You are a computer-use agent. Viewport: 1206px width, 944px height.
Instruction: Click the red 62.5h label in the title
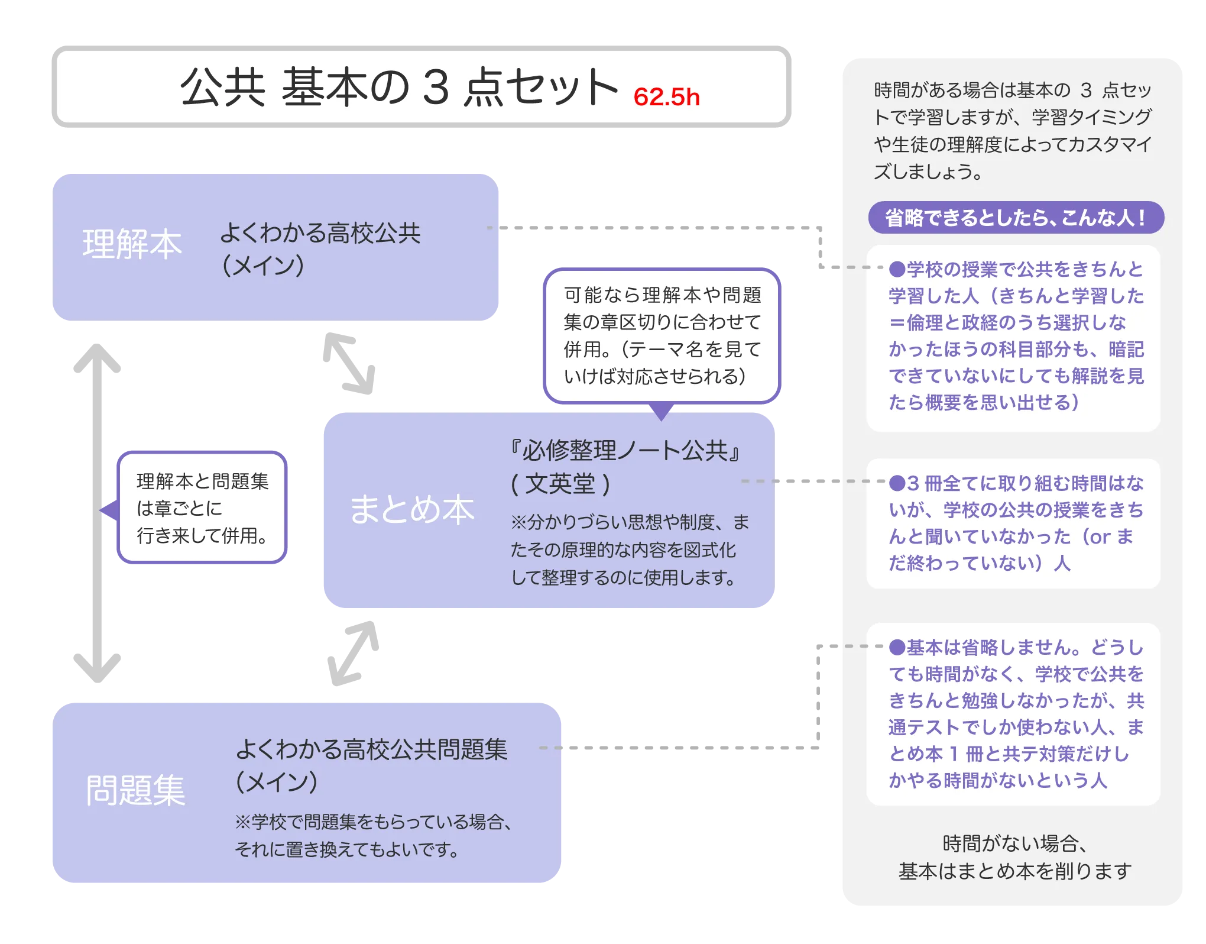[x=666, y=97]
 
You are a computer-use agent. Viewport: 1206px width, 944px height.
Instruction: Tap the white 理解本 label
[x=132, y=244]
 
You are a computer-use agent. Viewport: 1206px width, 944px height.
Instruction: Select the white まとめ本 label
[x=412, y=510]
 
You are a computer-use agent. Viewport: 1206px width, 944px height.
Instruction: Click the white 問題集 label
[x=135, y=790]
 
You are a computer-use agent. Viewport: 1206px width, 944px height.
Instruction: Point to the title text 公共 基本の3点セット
[x=399, y=88]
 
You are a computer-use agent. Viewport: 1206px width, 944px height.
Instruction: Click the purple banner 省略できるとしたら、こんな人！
[x=1016, y=218]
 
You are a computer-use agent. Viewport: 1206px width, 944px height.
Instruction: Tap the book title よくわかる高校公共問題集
[x=371, y=749]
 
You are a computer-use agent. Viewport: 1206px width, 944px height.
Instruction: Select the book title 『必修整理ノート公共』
[x=625, y=451]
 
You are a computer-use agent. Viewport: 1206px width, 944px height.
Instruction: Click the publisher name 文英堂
[x=560, y=484]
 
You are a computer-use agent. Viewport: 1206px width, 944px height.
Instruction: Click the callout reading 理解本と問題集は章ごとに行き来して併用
[x=202, y=509]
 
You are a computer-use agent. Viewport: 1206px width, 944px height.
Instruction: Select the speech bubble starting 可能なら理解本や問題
[x=662, y=335]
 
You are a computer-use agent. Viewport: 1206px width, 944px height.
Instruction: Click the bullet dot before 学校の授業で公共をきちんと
[x=897, y=270]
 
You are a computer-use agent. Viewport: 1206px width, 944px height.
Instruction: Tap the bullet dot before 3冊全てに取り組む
[x=897, y=484]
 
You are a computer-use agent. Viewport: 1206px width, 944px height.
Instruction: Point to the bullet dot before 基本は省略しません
[x=897, y=648]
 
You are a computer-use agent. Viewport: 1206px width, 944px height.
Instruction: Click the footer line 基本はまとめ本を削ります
[x=1014, y=871]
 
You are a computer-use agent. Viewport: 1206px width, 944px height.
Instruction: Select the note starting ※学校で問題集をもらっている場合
[x=374, y=836]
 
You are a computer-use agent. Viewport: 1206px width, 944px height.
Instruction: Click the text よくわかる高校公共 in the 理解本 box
[x=320, y=233]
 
